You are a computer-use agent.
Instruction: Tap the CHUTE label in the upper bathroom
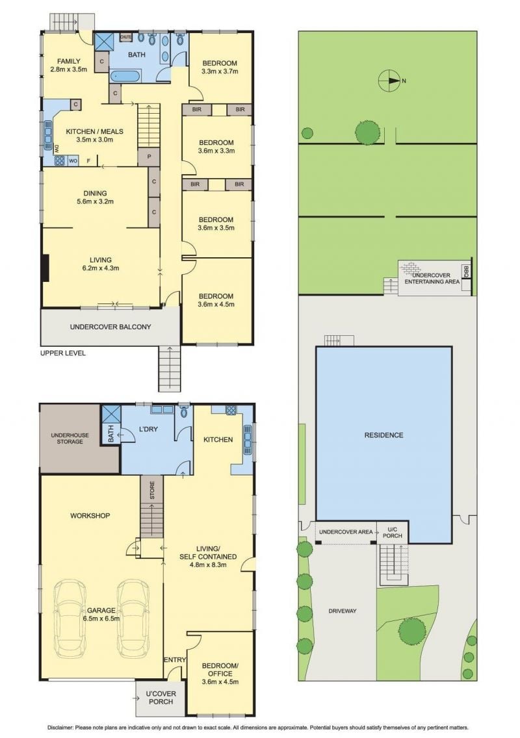point(125,37)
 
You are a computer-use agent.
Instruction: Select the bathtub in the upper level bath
point(125,76)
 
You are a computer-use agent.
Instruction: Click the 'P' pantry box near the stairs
point(149,157)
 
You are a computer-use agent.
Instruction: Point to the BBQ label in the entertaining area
point(466,271)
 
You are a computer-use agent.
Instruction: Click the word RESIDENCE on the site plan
point(384,435)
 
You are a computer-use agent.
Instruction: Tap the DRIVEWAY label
point(343,611)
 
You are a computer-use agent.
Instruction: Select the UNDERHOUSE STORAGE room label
point(70,438)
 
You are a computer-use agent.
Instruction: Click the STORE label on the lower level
point(152,490)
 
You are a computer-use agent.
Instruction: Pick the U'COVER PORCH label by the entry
point(161,698)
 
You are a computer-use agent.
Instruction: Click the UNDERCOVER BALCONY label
point(110,327)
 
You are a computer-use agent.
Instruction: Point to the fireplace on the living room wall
point(45,268)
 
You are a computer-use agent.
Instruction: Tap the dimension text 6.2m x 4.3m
point(101,268)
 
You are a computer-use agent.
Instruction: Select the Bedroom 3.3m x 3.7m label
point(220,68)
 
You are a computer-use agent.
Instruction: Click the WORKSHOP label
point(90,516)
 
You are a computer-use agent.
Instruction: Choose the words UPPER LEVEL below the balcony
point(63,353)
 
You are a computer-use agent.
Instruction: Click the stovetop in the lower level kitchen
point(231,410)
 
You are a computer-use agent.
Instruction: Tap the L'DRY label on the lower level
point(148,429)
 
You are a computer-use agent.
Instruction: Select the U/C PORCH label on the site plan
point(393,532)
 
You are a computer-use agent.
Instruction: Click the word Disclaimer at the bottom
point(60,728)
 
